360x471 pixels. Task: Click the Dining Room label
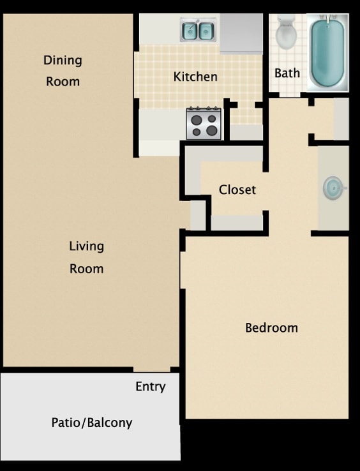pyautogui.click(x=63, y=70)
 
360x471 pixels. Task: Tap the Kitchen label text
pyautogui.click(x=195, y=77)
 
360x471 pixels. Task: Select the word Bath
pyautogui.click(x=287, y=73)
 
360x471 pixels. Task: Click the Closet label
pyautogui.click(x=237, y=190)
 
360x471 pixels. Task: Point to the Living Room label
pyautogui.click(x=86, y=257)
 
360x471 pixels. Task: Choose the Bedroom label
pyautogui.click(x=271, y=327)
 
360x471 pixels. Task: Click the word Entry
pyautogui.click(x=150, y=386)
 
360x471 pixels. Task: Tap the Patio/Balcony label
pyautogui.click(x=91, y=422)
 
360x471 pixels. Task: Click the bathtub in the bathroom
pyautogui.click(x=328, y=52)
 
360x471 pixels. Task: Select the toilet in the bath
pyautogui.click(x=287, y=33)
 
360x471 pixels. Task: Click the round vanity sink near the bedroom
pyautogui.click(x=333, y=188)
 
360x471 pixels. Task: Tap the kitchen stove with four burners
pyautogui.click(x=204, y=124)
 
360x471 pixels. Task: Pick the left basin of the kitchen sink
pyautogui.click(x=190, y=31)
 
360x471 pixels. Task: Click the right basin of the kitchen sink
pyautogui.click(x=206, y=31)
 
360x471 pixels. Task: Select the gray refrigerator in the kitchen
pyautogui.click(x=241, y=33)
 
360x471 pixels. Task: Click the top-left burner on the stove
pyautogui.click(x=196, y=119)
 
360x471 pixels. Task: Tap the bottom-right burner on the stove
pyautogui.click(x=211, y=131)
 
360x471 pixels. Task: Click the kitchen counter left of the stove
pyautogui.click(x=161, y=124)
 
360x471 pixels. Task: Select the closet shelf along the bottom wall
pyautogui.click(x=236, y=222)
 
